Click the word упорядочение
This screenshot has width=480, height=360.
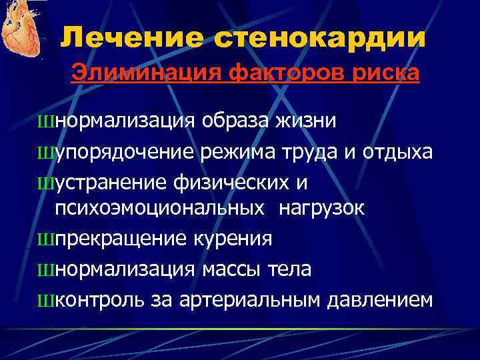tap(125, 153)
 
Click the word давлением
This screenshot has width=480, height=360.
tap(380, 299)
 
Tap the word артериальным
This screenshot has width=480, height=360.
tap(251, 299)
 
